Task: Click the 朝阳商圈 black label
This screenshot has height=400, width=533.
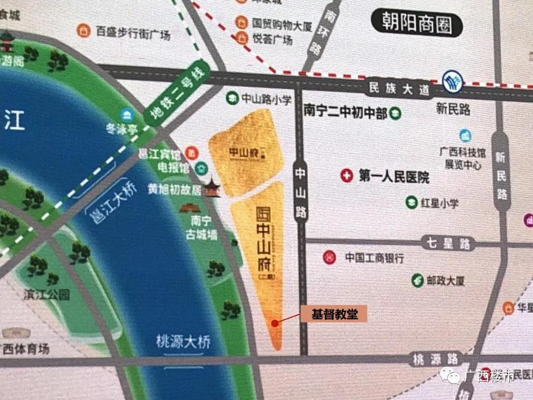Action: click(417, 24)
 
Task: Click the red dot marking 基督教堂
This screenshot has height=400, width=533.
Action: click(275, 323)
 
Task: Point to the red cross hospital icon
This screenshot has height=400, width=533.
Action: click(348, 176)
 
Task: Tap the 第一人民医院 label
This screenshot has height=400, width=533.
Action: click(394, 176)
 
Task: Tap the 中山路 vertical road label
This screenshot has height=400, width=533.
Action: click(301, 191)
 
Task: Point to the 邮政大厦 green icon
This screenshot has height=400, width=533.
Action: click(417, 280)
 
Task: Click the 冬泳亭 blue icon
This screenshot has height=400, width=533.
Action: click(127, 113)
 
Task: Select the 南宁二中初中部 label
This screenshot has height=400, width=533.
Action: click(345, 112)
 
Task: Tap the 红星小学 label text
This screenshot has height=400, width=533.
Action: click(440, 203)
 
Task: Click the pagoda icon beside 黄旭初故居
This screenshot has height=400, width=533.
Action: click(213, 187)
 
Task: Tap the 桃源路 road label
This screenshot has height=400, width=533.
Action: click(436, 359)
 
